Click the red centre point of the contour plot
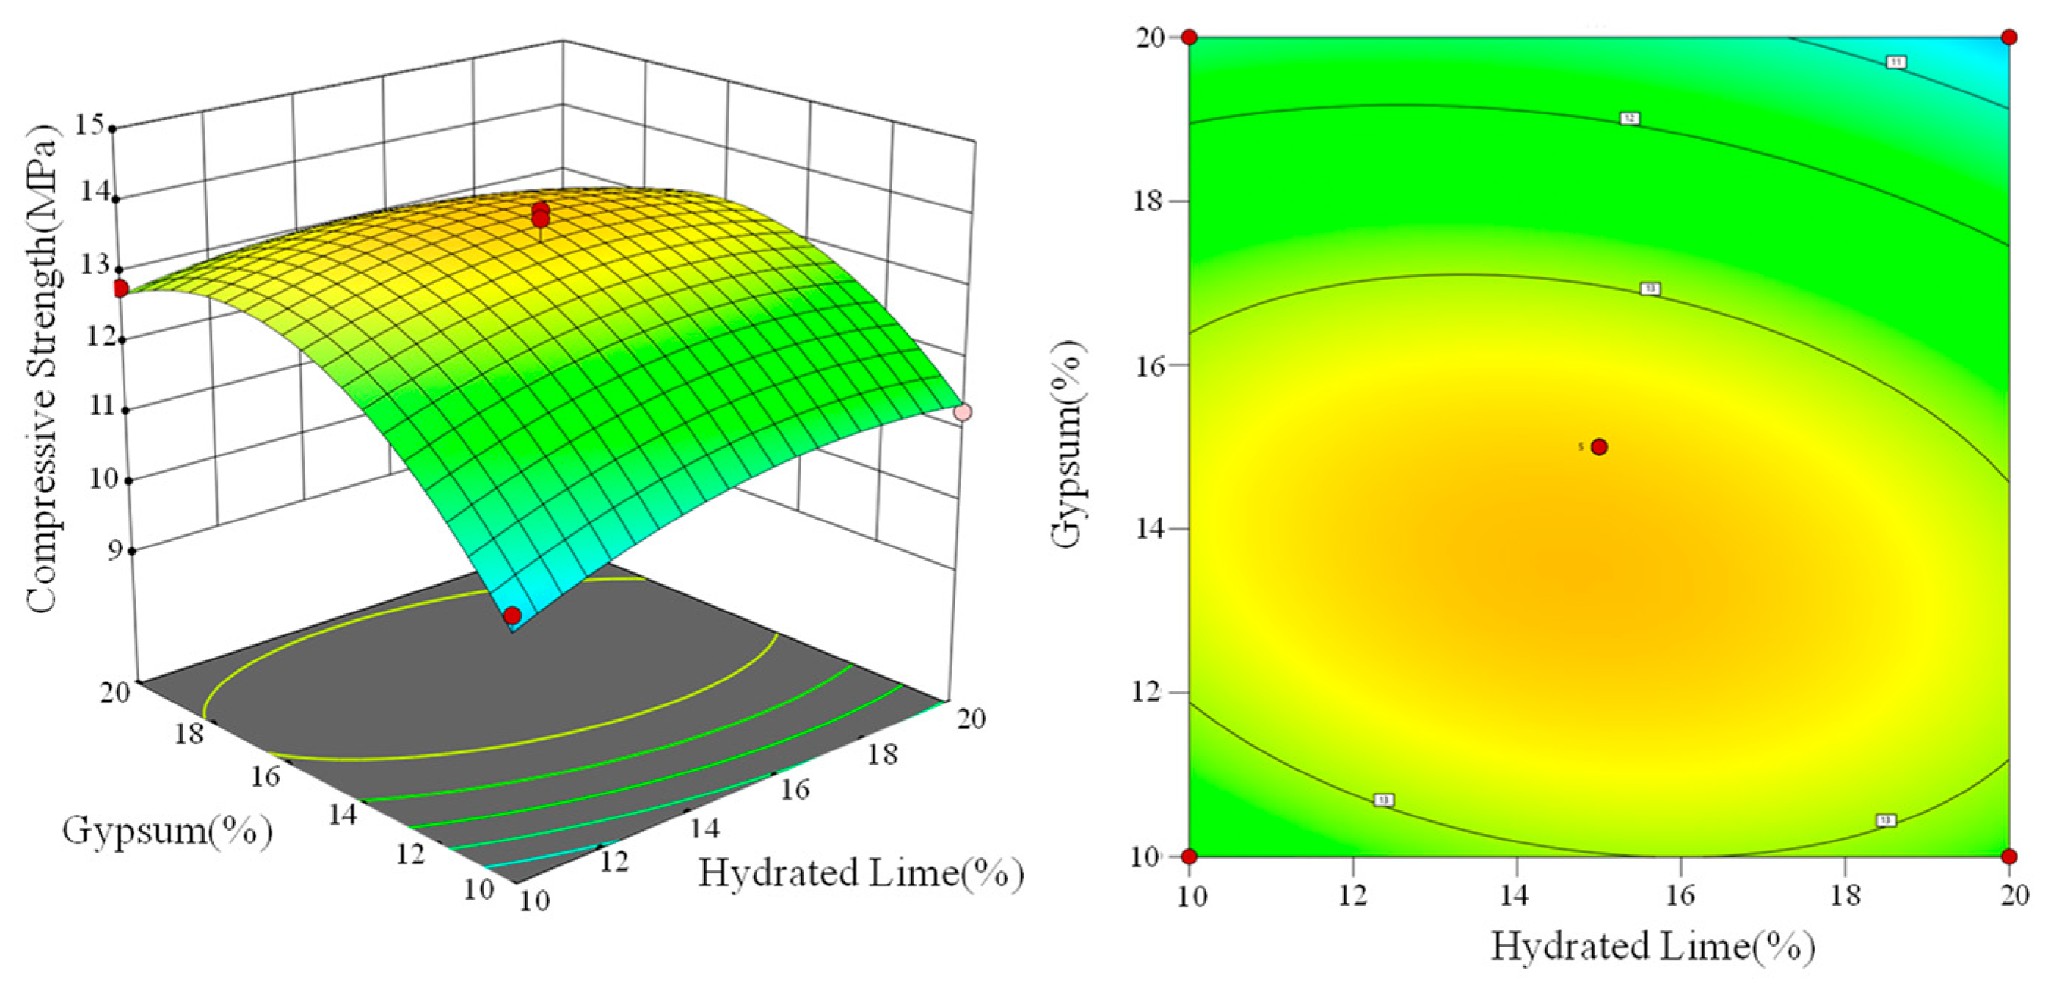(1599, 447)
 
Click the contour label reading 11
(1897, 62)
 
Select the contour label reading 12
(1630, 119)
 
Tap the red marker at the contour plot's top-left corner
(1190, 37)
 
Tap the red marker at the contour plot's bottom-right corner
(2008, 856)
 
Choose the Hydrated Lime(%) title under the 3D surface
(861, 873)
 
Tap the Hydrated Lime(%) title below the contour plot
(1653, 947)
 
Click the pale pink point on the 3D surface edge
(963, 412)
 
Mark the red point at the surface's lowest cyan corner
(513, 615)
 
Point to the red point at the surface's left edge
(120, 288)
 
